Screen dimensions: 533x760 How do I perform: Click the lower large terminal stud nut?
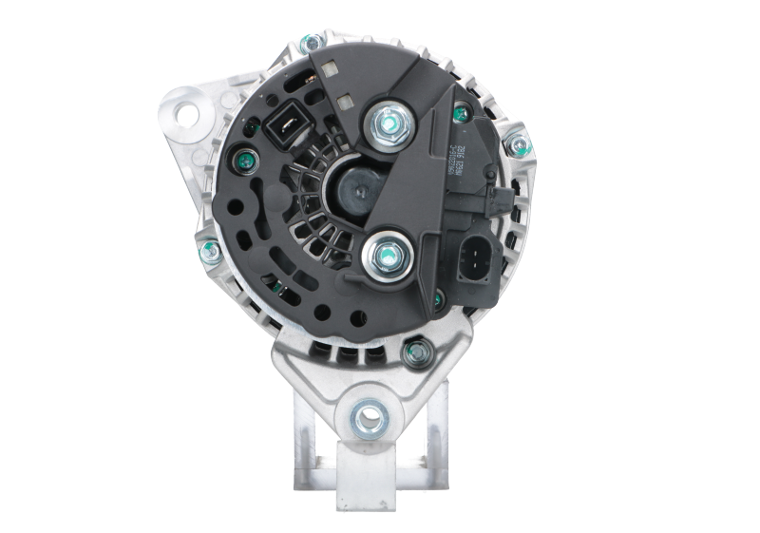click(x=386, y=254)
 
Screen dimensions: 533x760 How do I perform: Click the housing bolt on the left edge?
click(x=203, y=251)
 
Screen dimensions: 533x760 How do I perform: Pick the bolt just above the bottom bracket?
click(x=413, y=351)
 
